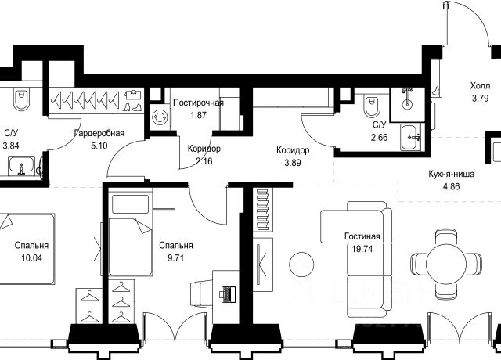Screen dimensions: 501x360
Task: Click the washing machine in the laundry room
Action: (x=160, y=117)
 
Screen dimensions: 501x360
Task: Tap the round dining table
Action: (x=446, y=264)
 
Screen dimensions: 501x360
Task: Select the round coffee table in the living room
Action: (x=301, y=265)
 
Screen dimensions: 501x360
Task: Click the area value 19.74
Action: (x=362, y=249)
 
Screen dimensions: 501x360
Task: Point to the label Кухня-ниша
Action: (x=451, y=174)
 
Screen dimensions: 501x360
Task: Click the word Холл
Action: (x=480, y=86)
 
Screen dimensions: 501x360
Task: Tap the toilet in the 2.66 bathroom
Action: (x=371, y=105)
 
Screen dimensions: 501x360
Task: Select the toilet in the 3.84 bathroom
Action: (x=21, y=98)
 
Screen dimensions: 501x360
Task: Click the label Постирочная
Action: (x=198, y=103)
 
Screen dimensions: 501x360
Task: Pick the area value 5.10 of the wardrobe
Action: (x=99, y=146)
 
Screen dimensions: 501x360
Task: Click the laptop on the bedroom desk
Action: (x=227, y=293)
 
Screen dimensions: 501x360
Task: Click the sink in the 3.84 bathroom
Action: (x=21, y=166)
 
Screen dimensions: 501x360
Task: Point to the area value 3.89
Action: (x=292, y=163)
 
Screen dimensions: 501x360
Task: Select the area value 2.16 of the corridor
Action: (x=204, y=161)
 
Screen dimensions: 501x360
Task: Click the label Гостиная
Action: (x=362, y=236)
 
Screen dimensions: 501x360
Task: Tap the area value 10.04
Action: (x=31, y=257)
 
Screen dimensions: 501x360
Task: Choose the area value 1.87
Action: (x=198, y=115)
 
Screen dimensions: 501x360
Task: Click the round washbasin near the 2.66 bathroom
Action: (x=407, y=104)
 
